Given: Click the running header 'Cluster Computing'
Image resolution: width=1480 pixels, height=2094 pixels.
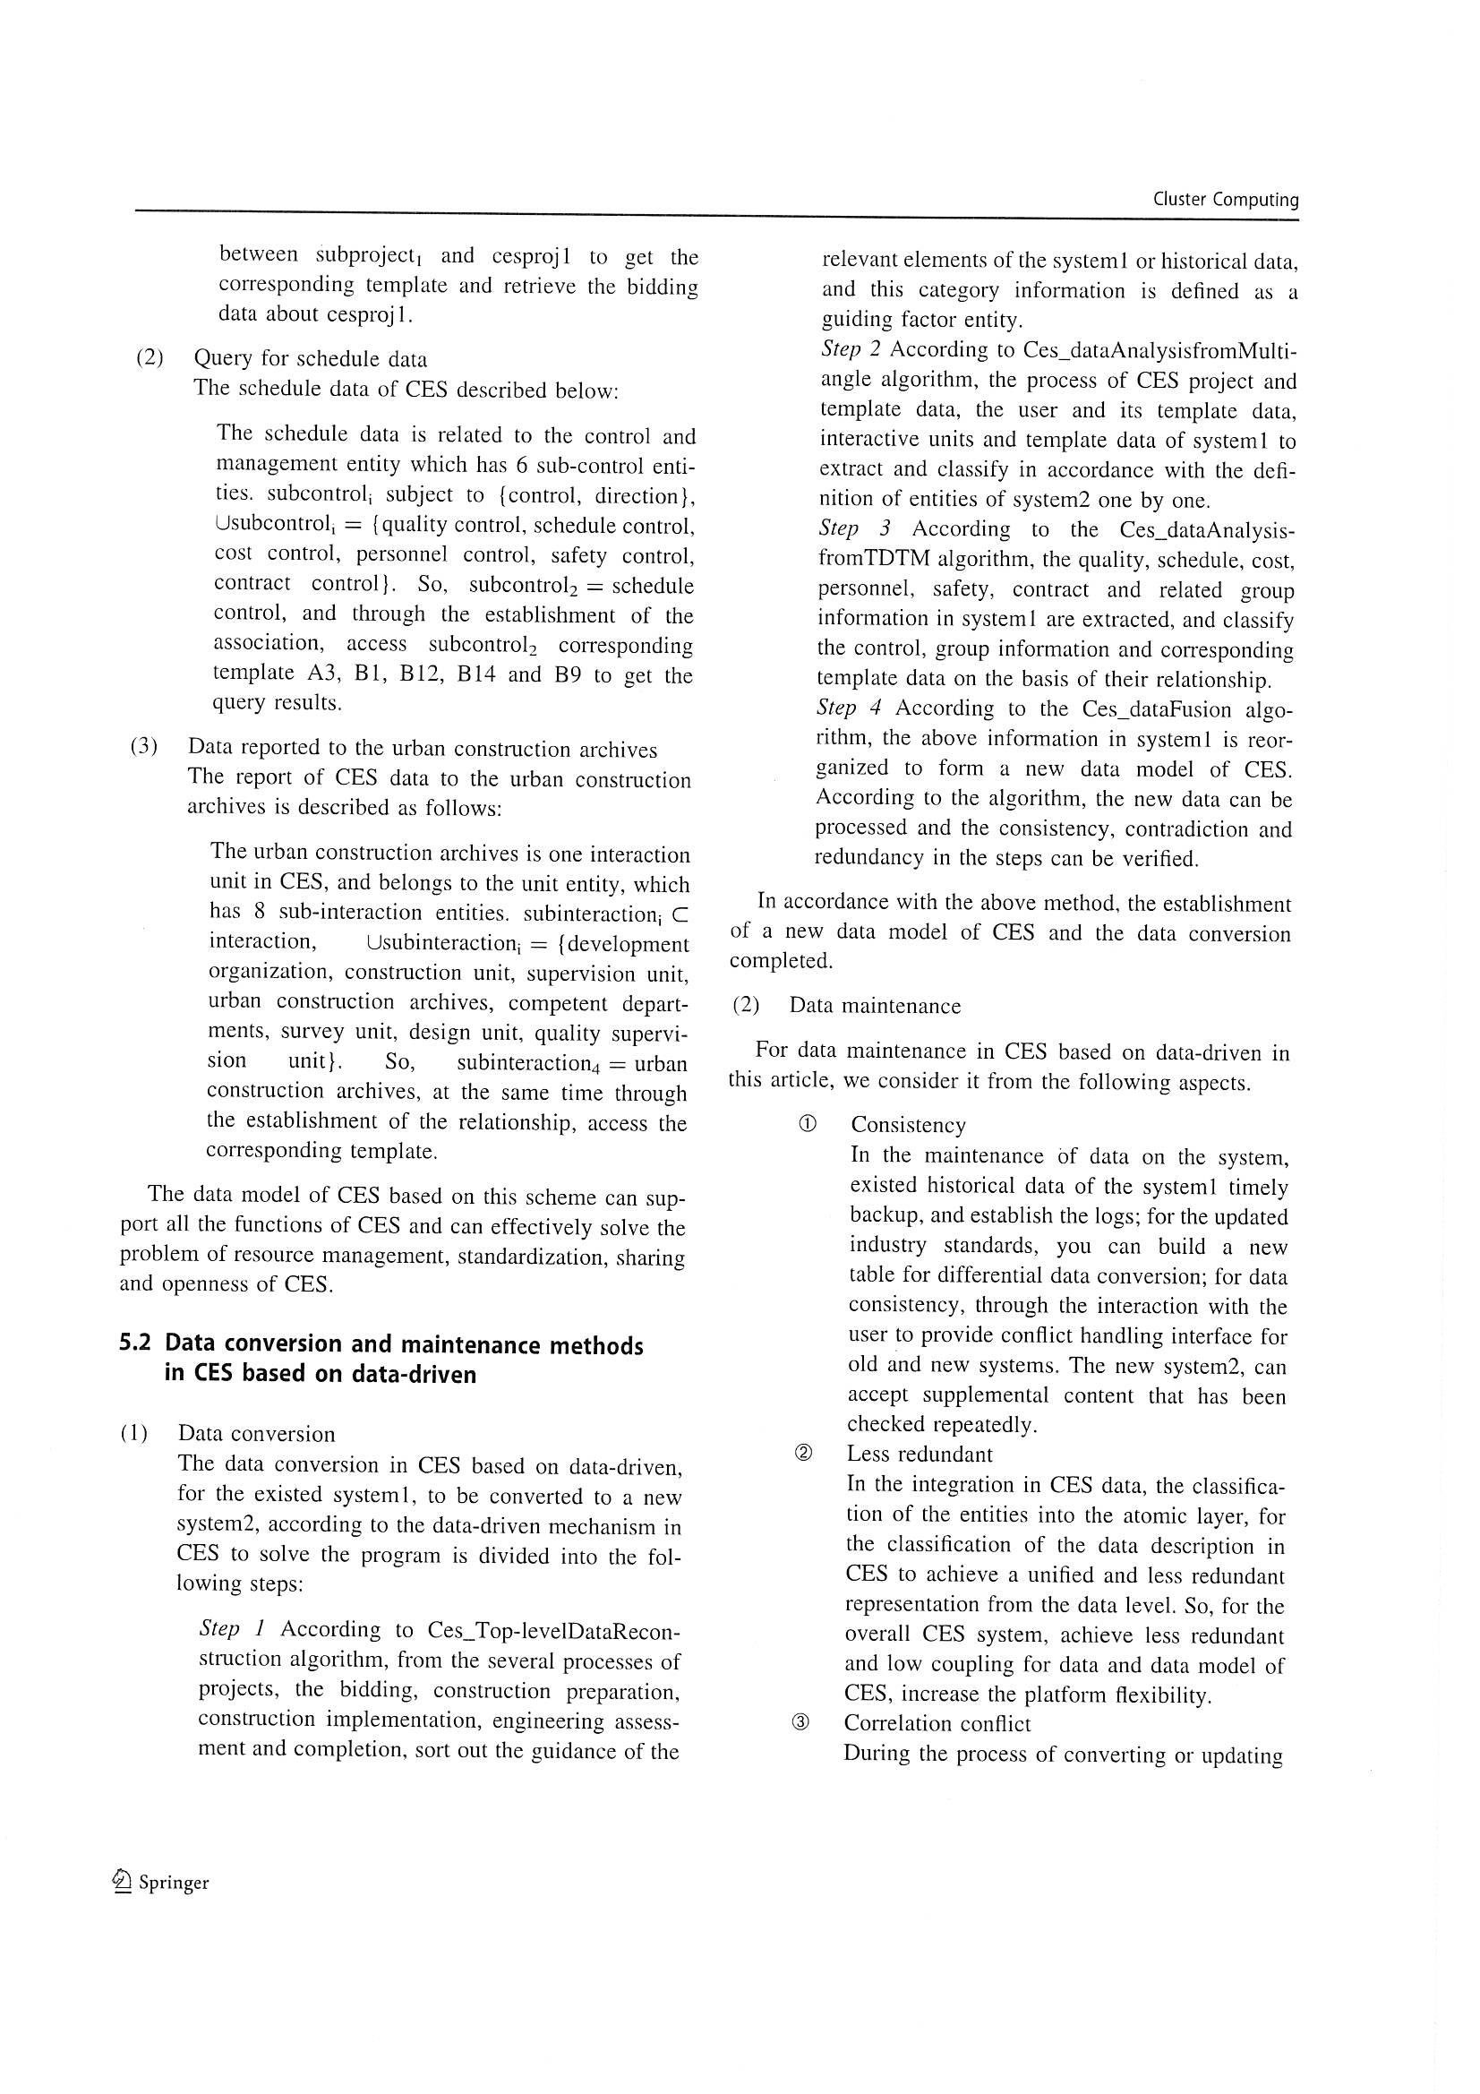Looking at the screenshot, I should tap(1225, 200).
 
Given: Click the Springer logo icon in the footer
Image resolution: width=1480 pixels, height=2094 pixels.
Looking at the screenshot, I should tap(121, 1882).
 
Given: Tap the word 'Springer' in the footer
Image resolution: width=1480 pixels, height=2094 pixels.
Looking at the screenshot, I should tap(174, 1883).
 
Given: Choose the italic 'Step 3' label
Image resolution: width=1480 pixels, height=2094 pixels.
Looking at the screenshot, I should tap(853, 528).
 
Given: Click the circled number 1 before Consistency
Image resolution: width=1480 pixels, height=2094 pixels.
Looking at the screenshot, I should tap(806, 1125).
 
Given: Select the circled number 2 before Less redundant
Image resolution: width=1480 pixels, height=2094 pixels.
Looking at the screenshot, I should tap(804, 1454).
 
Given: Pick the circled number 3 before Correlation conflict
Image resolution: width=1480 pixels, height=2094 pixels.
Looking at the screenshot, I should tap(800, 1723).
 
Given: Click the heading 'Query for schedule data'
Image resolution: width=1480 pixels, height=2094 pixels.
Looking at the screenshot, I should tap(310, 358).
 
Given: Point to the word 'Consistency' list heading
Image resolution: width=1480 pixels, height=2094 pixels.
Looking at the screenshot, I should tap(908, 1126).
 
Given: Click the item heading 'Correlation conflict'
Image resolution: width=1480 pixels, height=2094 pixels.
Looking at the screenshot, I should tap(937, 1724).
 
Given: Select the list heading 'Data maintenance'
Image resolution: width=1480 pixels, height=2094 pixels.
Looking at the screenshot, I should tap(875, 1006).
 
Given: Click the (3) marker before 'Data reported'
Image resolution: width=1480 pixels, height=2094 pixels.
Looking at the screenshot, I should tap(144, 746).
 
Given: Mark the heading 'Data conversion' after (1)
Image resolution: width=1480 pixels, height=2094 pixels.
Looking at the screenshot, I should tap(256, 1434).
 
